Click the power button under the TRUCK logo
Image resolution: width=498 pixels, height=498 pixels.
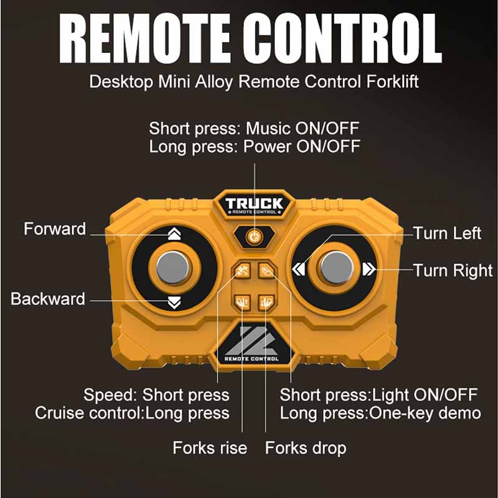[x=255, y=237]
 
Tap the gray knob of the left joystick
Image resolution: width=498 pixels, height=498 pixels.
[x=173, y=268]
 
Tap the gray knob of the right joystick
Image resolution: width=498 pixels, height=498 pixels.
[x=337, y=268]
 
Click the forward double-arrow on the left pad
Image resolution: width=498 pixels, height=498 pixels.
[x=174, y=235]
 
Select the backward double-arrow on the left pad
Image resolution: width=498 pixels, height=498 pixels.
[x=174, y=303]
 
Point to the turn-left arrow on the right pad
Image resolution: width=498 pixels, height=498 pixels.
[x=299, y=269]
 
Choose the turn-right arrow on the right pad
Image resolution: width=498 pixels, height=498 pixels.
[x=369, y=269]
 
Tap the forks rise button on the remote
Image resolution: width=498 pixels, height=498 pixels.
[x=242, y=302]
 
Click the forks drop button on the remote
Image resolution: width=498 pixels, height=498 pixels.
[x=266, y=302]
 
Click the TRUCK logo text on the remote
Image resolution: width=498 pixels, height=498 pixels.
[x=254, y=204]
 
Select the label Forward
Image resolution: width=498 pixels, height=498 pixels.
[x=55, y=229]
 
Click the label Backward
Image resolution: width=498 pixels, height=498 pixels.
[x=48, y=299]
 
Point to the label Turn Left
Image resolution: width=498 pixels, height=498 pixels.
[x=447, y=233]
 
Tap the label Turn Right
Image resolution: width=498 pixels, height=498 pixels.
[x=453, y=271]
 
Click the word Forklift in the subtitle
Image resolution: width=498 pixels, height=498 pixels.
[x=392, y=82]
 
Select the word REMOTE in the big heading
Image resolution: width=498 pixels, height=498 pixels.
[x=145, y=39]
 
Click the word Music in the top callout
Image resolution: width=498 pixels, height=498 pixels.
[x=268, y=129]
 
